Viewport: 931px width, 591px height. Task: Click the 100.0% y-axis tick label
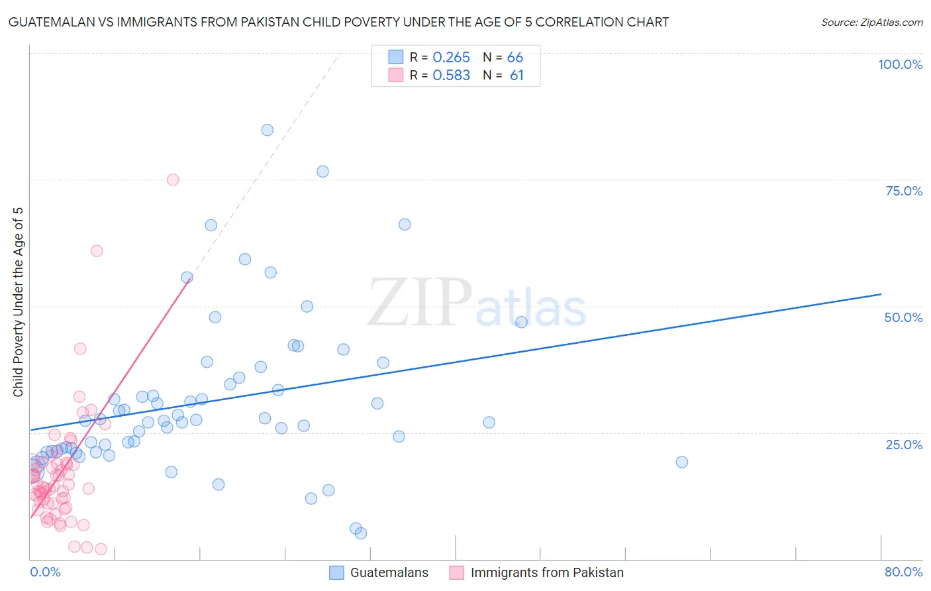point(900,64)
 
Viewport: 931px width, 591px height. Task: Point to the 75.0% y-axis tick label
point(904,191)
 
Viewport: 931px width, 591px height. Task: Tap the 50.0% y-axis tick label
point(903,317)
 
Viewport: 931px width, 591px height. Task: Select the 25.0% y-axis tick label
point(904,445)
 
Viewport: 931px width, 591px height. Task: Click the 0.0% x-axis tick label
point(45,572)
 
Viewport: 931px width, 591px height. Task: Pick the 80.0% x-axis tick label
point(903,572)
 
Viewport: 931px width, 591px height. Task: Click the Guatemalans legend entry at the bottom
point(389,572)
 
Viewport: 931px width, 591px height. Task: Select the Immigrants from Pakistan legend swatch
point(456,572)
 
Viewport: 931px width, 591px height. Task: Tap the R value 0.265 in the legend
point(451,58)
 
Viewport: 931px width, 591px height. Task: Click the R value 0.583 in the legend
point(451,76)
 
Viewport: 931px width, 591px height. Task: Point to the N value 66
point(515,58)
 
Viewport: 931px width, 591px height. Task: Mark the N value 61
point(516,76)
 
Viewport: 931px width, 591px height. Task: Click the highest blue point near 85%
point(267,130)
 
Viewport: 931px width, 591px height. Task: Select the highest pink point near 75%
point(173,180)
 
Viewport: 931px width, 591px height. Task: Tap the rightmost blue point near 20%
point(682,462)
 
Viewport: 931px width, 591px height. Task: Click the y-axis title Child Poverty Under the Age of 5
point(19,302)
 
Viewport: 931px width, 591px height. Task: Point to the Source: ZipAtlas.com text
point(871,23)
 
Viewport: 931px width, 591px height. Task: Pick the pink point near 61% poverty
point(97,250)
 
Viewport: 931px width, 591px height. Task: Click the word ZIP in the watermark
point(419,303)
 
